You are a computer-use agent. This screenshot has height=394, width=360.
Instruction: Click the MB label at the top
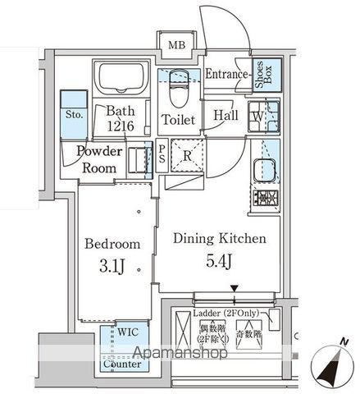[x=177, y=44]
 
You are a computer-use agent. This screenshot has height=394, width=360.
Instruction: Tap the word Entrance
[x=227, y=76]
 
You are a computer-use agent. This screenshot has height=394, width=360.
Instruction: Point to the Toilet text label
[x=178, y=120]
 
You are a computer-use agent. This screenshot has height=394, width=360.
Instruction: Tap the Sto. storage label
[x=74, y=116]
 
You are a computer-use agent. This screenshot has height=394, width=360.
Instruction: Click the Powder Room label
[x=102, y=159]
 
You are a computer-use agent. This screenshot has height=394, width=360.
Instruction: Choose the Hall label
[x=226, y=116]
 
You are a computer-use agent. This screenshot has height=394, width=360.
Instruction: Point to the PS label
[x=162, y=153]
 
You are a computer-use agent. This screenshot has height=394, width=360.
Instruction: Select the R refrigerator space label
[x=186, y=153]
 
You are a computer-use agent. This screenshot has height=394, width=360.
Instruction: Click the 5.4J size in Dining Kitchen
[x=219, y=262]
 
